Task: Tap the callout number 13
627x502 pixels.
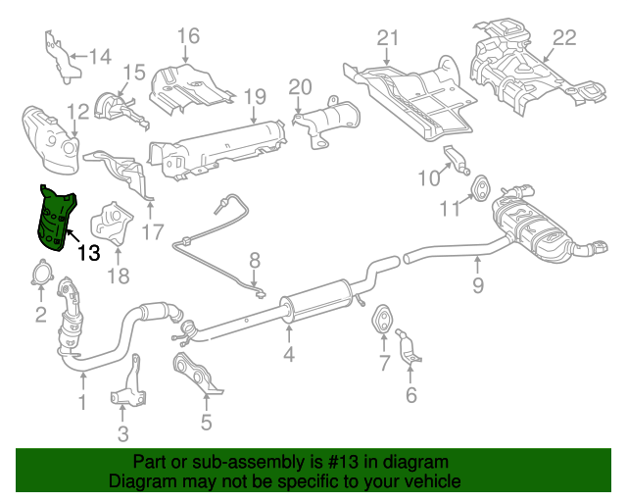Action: (87, 253)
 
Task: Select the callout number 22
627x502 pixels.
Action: (564, 38)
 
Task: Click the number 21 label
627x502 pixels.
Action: (389, 38)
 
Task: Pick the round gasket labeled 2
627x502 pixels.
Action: (40, 276)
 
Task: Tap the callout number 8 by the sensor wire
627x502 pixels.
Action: (255, 261)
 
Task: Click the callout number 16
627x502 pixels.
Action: (187, 37)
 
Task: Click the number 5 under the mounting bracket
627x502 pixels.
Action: (206, 423)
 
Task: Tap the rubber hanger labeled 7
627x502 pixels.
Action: (381, 320)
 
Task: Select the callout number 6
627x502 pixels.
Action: (410, 395)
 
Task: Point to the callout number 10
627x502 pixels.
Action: (426, 177)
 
